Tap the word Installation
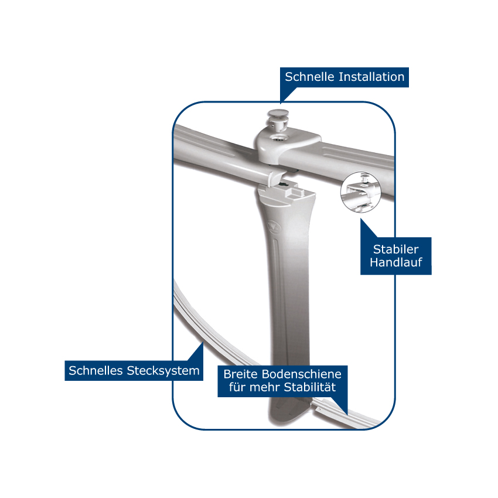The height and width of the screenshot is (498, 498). click(x=371, y=77)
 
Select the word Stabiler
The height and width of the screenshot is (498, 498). click(x=395, y=250)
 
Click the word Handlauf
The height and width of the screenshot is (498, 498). click(x=395, y=262)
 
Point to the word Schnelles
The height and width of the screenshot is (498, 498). click(x=95, y=371)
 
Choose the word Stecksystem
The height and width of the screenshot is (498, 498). click(x=163, y=371)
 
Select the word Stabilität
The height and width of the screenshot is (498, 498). click(x=310, y=387)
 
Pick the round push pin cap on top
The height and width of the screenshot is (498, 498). click(x=278, y=113)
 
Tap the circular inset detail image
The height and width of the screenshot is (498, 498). click(x=360, y=192)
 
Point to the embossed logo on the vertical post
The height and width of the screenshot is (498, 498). click(x=274, y=226)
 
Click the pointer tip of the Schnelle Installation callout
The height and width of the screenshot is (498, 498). click(x=281, y=103)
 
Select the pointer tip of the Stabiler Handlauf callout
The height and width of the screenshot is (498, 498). click(x=361, y=219)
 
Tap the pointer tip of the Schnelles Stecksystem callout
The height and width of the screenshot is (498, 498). click(x=203, y=342)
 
